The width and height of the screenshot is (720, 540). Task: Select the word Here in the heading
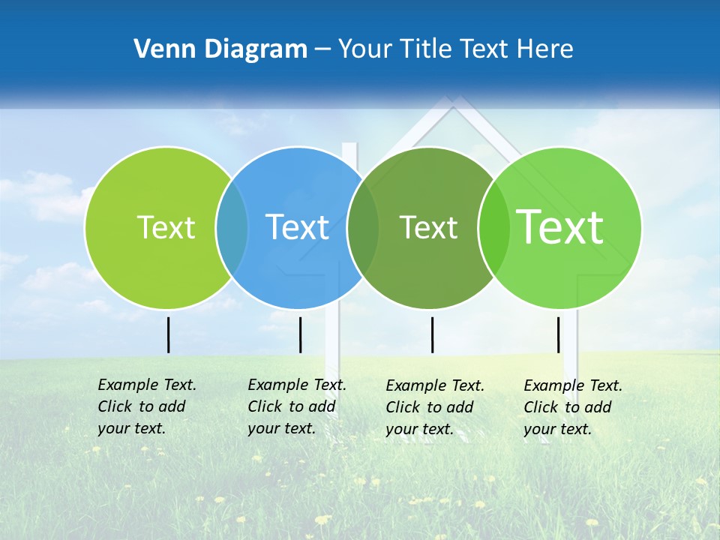pyautogui.click(x=547, y=49)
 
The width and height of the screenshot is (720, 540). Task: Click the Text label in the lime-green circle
pyautogui.click(x=166, y=227)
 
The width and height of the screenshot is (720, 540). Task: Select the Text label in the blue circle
pyautogui.click(x=297, y=227)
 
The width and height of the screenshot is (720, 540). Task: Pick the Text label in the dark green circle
pyautogui.click(x=428, y=227)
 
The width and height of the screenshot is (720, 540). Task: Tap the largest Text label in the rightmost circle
pyautogui.click(x=560, y=226)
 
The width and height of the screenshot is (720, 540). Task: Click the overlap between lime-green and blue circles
pyautogui.click(x=232, y=227)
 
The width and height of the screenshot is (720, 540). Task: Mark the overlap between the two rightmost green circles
pyautogui.click(x=493, y=227)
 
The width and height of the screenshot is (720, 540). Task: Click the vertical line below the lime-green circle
pyautogui.click(x=168, y=334)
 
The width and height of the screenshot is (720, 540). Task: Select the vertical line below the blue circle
pyautogui.click(x=300, y=334)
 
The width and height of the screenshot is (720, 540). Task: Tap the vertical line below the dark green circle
pyautogui.click(x=432, y=334)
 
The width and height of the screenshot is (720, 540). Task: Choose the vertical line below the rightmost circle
pyautogui.click(x=558, y=334)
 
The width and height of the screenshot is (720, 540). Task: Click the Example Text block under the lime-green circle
pyautogui.click(x=146, y=406)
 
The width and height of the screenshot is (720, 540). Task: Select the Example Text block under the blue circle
pyautogui.click(x=296, y=406)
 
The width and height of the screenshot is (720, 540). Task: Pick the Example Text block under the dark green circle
pyautogui.click(x=434, y=407)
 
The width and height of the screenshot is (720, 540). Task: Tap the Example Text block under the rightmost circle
pyautogui.click(x=572, y=407)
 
